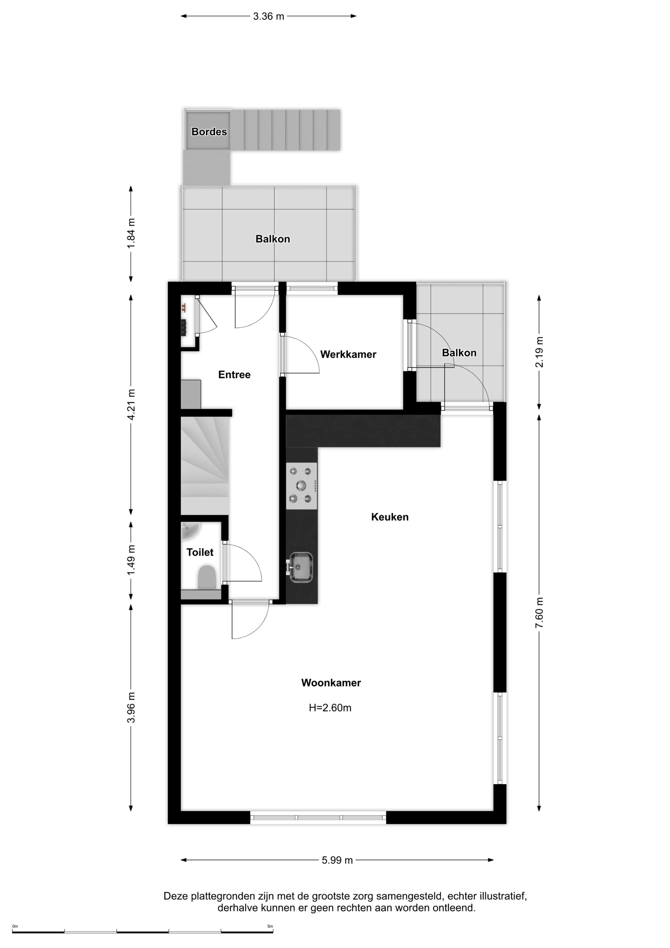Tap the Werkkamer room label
point(348,354)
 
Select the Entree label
point(234,375)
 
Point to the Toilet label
point(200,552)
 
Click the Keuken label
point(390,517)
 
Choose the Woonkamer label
point(331,682)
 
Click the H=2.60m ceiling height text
point(330,708)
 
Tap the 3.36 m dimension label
point(269,16)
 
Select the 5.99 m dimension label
point(337,860)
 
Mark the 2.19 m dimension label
point(539,352)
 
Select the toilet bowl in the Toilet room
point(206,577)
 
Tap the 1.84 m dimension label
point(131,233)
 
